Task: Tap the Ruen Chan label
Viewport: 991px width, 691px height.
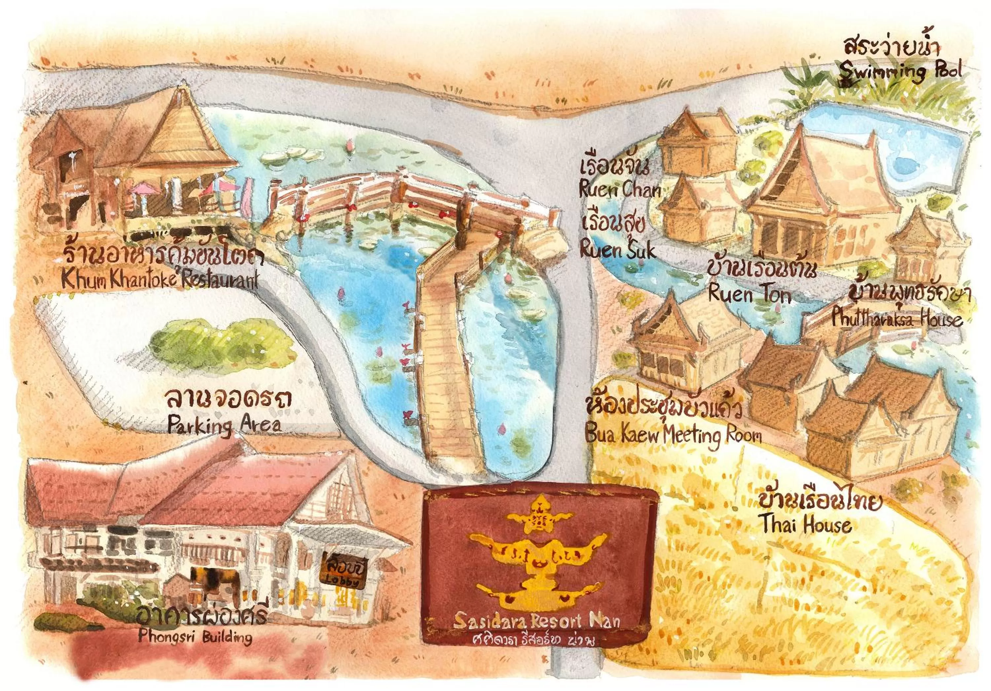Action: (620, 190)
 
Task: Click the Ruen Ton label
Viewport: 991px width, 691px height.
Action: (750, 295)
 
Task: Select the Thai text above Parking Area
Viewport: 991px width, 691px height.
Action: (228, 400)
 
